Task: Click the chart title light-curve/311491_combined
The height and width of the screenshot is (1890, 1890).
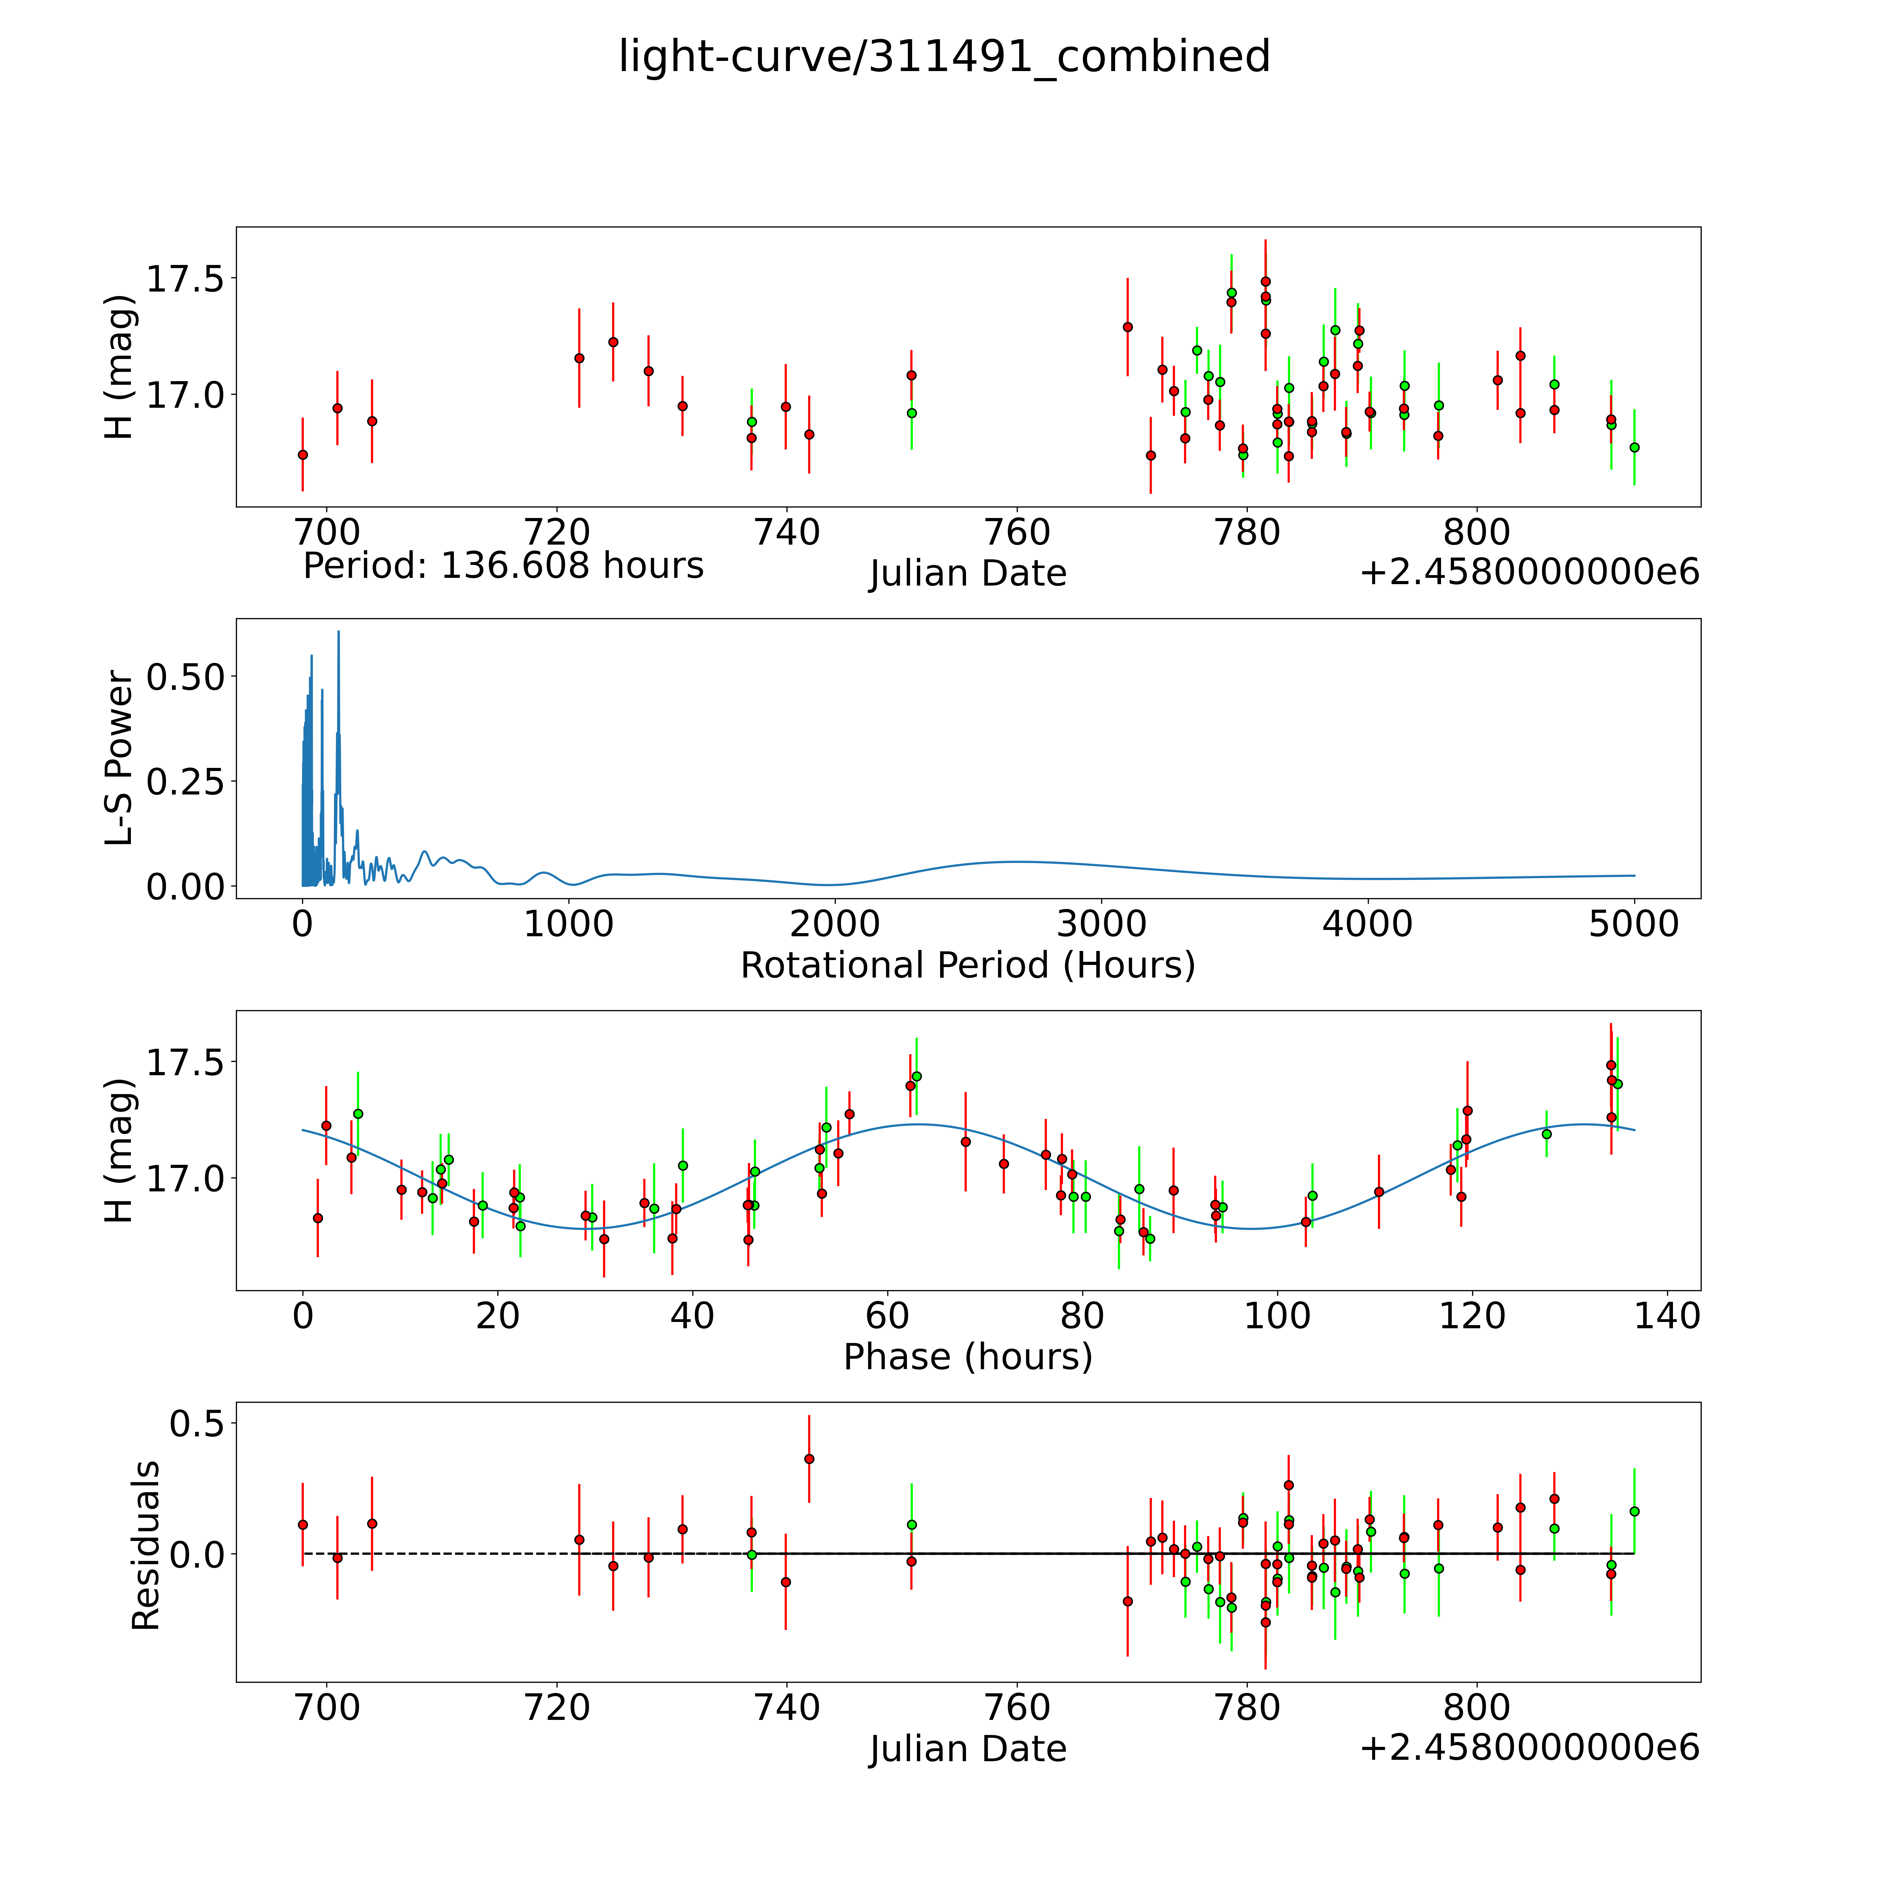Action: (944, 57)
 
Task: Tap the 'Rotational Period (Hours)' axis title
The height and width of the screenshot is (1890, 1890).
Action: (967, 966)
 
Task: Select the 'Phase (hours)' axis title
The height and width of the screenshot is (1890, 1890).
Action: (967, 1357)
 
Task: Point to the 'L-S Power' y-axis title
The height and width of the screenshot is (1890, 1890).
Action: (119, 758)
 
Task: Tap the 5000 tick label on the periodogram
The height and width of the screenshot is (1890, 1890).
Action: (1634, 924)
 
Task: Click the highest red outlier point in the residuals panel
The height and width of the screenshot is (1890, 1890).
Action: (809, 1458)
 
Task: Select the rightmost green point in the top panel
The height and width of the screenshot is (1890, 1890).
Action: (1634, 447)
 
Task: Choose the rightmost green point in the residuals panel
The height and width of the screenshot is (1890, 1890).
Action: (1634, 1511)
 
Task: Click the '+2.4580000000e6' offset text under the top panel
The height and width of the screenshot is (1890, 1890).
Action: (1529, 572)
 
